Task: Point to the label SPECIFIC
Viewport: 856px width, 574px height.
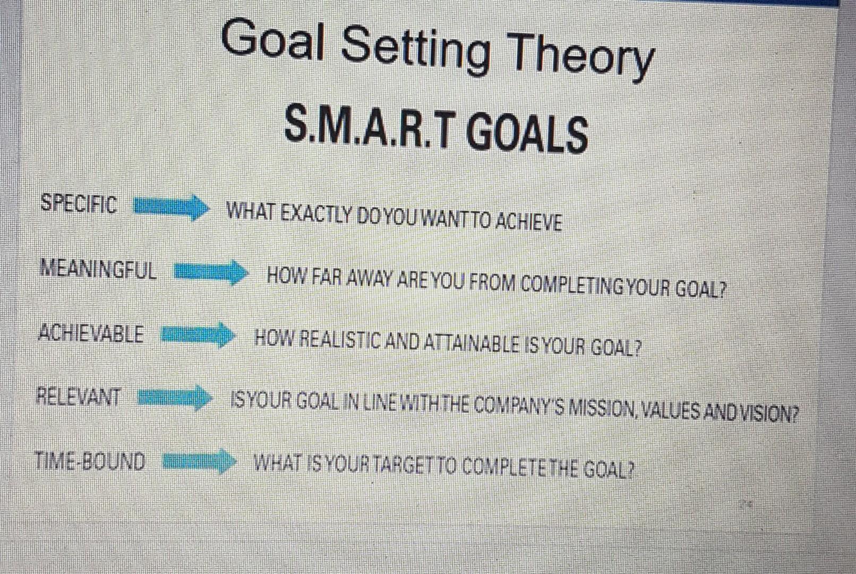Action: point(79,204)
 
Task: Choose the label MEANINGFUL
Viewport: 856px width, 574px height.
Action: point(98,269)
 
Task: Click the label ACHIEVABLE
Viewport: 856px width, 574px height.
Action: point(91,333)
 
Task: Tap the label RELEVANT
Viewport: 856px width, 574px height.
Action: point(79,396)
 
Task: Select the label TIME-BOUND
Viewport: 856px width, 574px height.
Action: point(90,461)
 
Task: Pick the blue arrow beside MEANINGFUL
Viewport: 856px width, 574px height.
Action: point(211,273)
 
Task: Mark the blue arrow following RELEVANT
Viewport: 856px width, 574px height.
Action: point(175,398)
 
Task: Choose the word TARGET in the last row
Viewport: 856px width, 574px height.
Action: point(405,465)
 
